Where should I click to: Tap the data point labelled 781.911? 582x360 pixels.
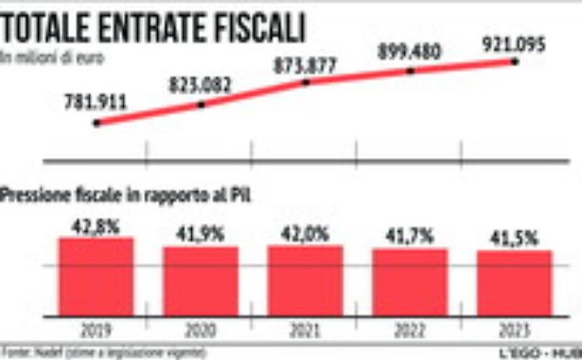pyautogui.click(x=97, y=123)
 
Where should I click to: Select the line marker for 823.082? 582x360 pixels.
pyautogui.click(x=200, y=105)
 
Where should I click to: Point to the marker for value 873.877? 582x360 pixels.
pyautogui.click(x=306, y=82)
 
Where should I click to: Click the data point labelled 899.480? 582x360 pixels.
pyautogui.click(x=410, y=72)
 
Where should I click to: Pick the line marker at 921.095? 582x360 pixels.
pyautogui.click(x=515, y=62)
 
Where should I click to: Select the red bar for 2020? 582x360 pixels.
pyautogui.click(x=200, y=280)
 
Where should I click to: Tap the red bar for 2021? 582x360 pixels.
pyautogui.click(x=305, y=279)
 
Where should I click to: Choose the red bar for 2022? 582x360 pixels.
pyautogui.click(x=409, y=281)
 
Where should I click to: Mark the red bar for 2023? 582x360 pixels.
pyautogui.click(x=514, y=282)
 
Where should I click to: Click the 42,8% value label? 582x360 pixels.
pyautogui.click(x=96, y=224)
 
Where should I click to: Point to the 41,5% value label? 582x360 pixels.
pyautogui.click(x=515, y=238)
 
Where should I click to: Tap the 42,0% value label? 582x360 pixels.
pyautogui.click(x=305, y=234)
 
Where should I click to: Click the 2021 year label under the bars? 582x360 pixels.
pyautogui.click(x=305, y=328)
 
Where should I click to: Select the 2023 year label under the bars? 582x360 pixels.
pyautogui.click(x=514, y=328)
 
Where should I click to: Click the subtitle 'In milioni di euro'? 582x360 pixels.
pyautogui.click(x=40, y=58)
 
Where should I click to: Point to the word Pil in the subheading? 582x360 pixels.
pyautogui.click(x=240, y=196)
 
